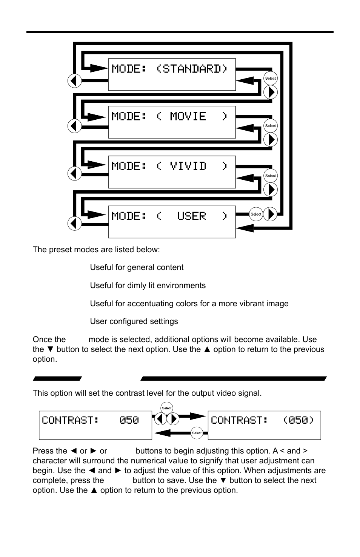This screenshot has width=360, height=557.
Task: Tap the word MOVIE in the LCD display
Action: click(x=188, y=116)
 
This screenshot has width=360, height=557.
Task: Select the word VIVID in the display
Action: click(x=188, y=166)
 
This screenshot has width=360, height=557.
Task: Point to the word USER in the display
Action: click(x=192, y=216)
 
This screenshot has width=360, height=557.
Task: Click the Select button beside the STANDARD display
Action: click(x=270, y=79)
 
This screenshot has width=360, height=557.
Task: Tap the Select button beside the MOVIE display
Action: click(x=270, y=126)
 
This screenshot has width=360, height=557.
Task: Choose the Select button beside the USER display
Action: click(x=256, y=214)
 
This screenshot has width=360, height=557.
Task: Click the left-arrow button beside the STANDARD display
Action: click(x=75, y=80)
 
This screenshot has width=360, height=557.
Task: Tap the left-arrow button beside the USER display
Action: click(x=75, y=223)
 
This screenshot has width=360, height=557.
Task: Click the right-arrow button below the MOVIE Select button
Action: click(x=270, y=140)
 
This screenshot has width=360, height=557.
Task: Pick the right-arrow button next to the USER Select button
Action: click(x=270, y=214)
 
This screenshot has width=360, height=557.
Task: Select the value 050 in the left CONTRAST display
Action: click(x=129, y=420)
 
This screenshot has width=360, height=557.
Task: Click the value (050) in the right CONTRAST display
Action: click(x=298, y=420)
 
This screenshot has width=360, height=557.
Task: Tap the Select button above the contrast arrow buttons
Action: click(x=166, y=408)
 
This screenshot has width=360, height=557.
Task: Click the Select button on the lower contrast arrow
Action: click(x=197, y=433)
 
